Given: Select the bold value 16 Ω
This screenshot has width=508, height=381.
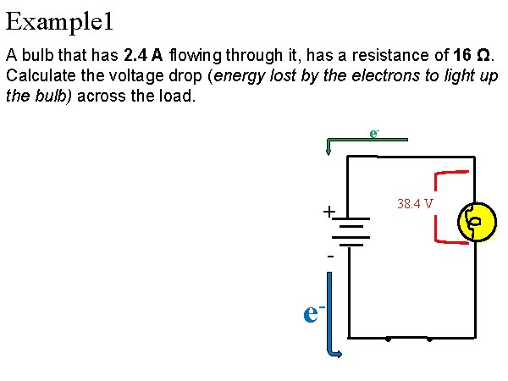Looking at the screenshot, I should pyautogui.click(x=474, y=56).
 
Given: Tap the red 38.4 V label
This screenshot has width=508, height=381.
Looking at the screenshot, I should pyautogui.click(x=416, y=204).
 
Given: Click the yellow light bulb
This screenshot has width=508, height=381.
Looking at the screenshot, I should pyautogui.click(x=475, y=223).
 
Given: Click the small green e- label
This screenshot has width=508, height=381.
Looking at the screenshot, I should pyautogui.click(x=373, y=133).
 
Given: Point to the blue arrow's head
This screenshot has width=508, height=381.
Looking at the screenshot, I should pyautogui.click(x=336, y=353).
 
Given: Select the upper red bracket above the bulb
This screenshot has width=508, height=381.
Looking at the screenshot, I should pyautogui.click(x=449, y=175).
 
